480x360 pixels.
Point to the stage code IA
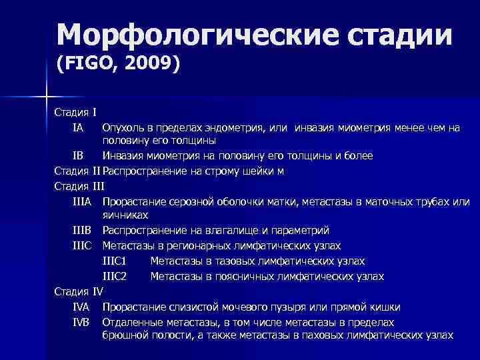(x=79, y=127)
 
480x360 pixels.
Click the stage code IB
(x=78, y=155)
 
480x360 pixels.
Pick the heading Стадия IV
(x=79, y=291)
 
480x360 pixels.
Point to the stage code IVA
(x=82, y=307)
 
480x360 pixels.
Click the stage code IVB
(x=82, y=321)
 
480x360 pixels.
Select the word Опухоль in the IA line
(x=122, y=127)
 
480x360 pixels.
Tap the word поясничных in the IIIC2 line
(x=239, y=275)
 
